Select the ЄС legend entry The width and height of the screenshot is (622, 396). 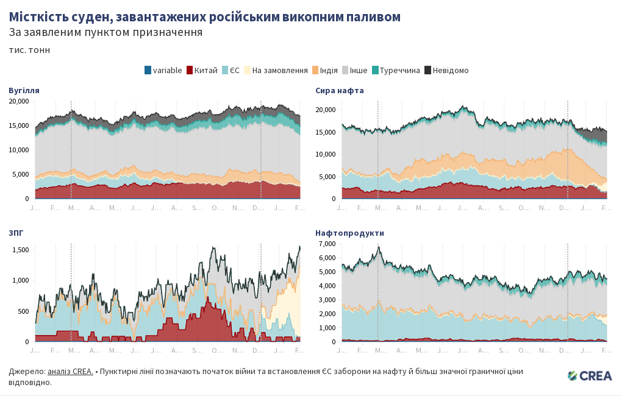click(x=234, y=70)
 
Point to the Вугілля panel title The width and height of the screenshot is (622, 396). click(x=24, y=90)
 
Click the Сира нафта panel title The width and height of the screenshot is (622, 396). click(x=340, y=90)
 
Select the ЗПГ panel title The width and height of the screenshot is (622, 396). click(x=16, y=233)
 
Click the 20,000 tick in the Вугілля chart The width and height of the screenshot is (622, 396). click(x=18, y=101)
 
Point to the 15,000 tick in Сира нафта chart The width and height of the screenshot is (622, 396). click(x=326, y=132)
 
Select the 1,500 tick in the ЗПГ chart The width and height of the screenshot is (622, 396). click(x=21, y=250)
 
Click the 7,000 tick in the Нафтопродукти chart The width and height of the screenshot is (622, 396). click(x=327, y=244)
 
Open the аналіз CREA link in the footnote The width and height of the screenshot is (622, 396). click(x=70, y=371)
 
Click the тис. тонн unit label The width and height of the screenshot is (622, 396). click(x=29, y=50)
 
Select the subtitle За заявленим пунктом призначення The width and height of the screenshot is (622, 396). click(x=105, y=32)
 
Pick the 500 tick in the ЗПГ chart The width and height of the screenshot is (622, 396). click(x=23, y=311)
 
